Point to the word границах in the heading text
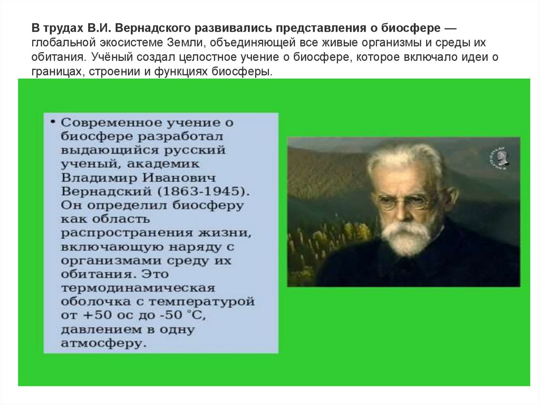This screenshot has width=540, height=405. [53, 71]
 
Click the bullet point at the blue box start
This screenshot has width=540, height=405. [53, 122]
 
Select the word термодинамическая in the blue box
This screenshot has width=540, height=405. [138, 288]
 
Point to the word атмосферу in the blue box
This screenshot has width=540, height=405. [101, 343]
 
